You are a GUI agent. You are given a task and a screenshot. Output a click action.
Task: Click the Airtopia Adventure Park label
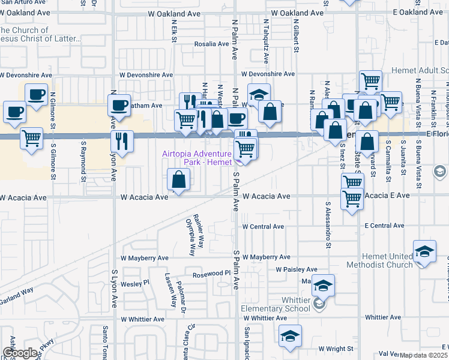click(x=196, y=158)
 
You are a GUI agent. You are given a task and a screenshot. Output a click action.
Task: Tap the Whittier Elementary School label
click(x=282, y=305)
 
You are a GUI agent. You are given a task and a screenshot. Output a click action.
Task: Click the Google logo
click(x=21, y=353)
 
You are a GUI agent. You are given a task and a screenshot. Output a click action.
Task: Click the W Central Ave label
click(x=263, y=227)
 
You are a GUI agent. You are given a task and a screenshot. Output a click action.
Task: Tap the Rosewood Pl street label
click(x=211, y=274)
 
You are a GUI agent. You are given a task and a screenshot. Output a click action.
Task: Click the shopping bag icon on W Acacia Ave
click(x=179, y=179)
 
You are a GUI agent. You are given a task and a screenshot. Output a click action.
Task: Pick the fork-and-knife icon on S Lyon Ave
click(x=122, y=141)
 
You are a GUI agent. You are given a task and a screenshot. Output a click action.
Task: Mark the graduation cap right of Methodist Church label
click(x=424, y=251)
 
